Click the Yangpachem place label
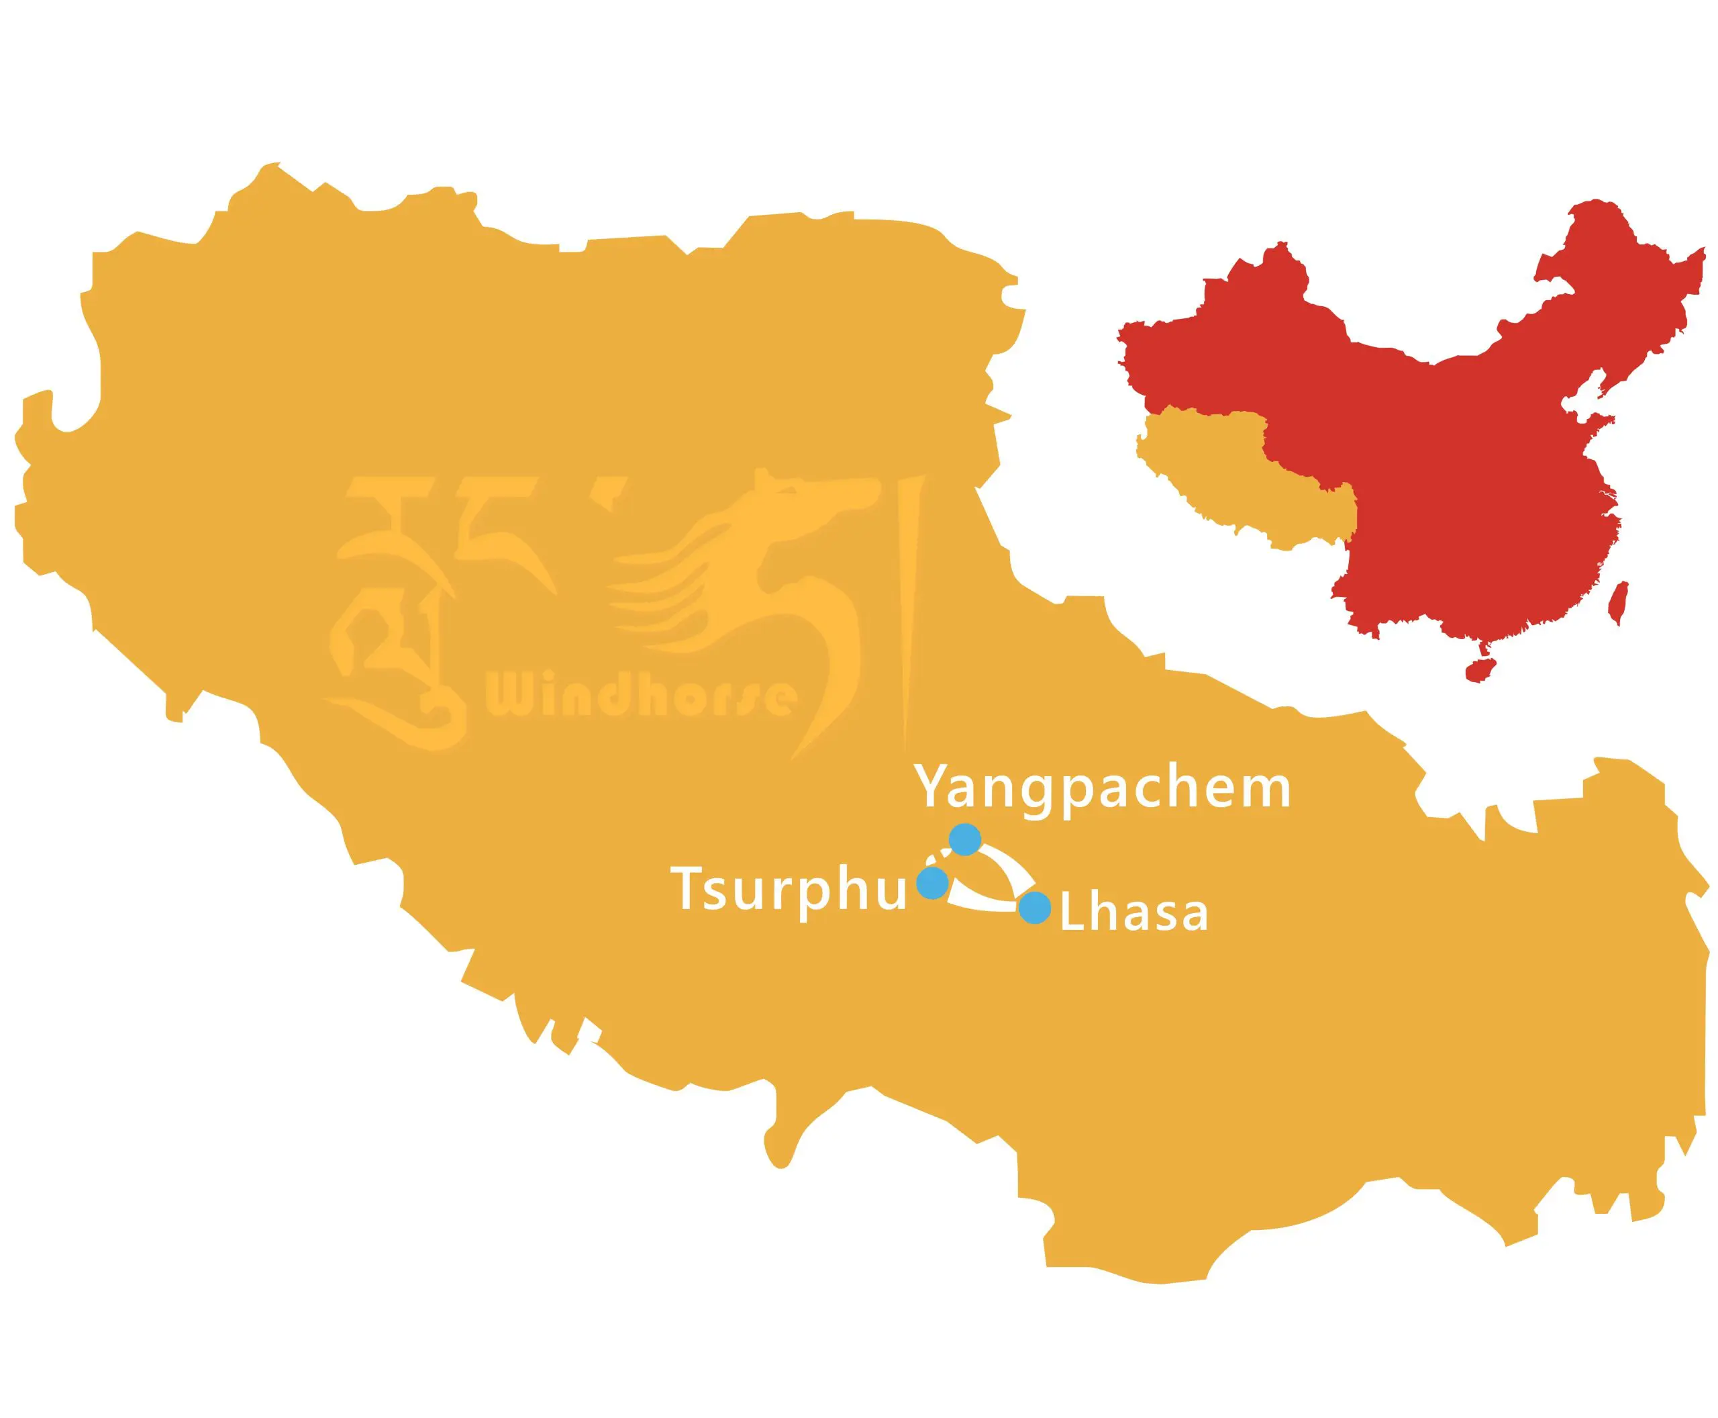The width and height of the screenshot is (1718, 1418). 1103,788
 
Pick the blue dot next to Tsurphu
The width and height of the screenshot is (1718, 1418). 933,882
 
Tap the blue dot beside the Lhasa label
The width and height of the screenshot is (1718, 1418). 1035,908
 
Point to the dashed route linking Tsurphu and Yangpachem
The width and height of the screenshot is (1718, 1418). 939,857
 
